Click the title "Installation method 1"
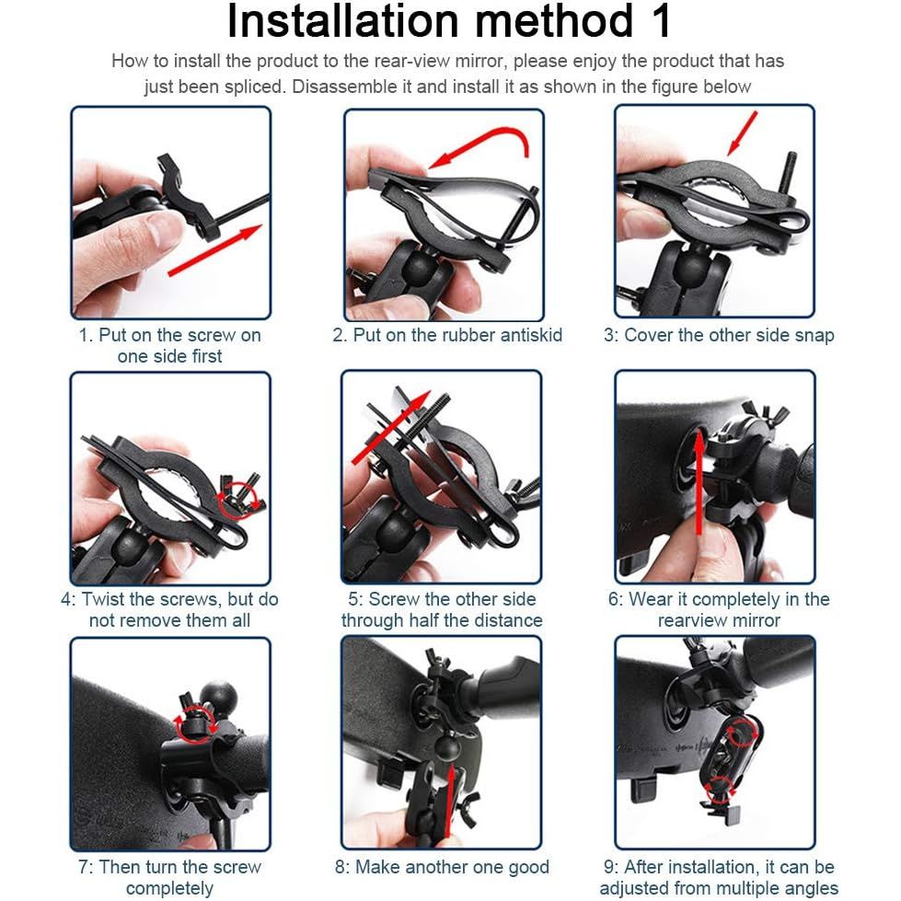click(449, 21)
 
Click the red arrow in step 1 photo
click(215, 250)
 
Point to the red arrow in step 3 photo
click(743, 133)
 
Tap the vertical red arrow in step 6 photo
click(699, 481)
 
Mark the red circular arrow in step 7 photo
click(197, 723)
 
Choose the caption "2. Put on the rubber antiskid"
click(447, 335)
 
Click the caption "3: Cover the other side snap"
click(719, 335)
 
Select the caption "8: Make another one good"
click(442, 867)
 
